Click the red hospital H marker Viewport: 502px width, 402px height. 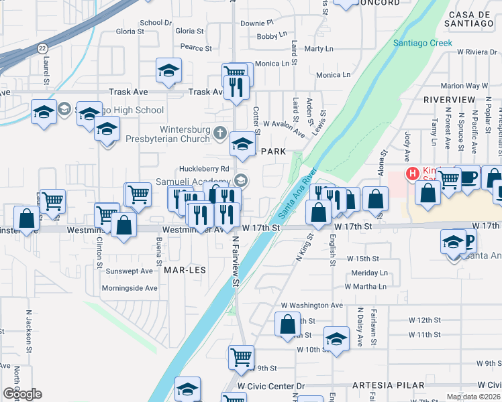tap(412, 174)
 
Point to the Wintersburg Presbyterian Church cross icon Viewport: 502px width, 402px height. tap(219, 134)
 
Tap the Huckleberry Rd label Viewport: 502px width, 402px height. tap(205, 169)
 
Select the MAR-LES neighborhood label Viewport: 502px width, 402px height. tap(185, 269)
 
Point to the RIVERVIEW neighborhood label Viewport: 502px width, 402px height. tap(449, 99)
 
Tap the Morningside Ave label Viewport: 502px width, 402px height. tap(129, 288)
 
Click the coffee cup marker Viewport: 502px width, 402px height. tap(467, 177)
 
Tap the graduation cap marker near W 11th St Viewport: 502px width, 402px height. tap(336, 338)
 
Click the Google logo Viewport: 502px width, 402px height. tap(22, 394)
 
